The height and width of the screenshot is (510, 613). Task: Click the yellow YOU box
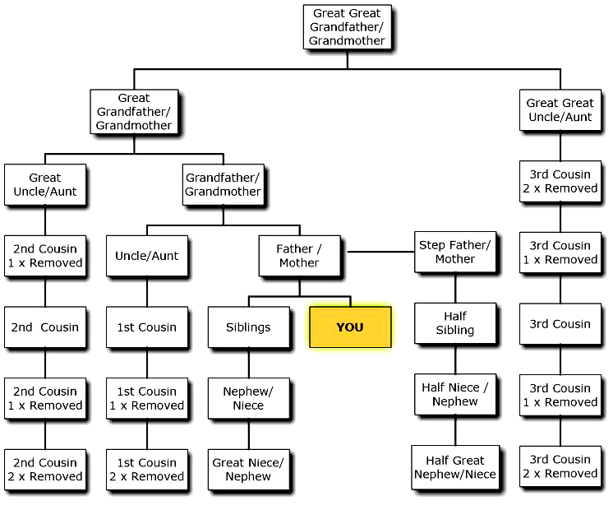350,327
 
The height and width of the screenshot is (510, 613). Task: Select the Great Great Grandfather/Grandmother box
347,27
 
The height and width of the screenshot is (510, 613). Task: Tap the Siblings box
248,327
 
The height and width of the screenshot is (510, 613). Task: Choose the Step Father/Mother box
455,252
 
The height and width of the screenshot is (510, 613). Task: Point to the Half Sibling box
455,323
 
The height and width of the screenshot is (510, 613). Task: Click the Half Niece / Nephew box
455,395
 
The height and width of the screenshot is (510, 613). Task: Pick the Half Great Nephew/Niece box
455,467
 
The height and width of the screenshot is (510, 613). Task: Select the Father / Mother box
299,255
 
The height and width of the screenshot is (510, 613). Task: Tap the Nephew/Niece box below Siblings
248,398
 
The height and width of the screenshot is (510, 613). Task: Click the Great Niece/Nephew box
248,469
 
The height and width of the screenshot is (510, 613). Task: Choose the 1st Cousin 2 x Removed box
147,469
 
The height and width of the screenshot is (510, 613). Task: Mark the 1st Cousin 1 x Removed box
147,398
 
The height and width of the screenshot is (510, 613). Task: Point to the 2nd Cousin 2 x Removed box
45,469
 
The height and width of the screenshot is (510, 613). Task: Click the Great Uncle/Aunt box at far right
560,110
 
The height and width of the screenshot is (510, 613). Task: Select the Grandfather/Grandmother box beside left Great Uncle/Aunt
223,184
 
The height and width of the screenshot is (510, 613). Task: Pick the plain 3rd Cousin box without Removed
560,324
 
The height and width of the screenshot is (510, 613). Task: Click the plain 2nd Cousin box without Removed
45,327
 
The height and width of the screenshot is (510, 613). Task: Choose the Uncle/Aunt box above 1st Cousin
147,256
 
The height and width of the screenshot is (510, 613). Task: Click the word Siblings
248,327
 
